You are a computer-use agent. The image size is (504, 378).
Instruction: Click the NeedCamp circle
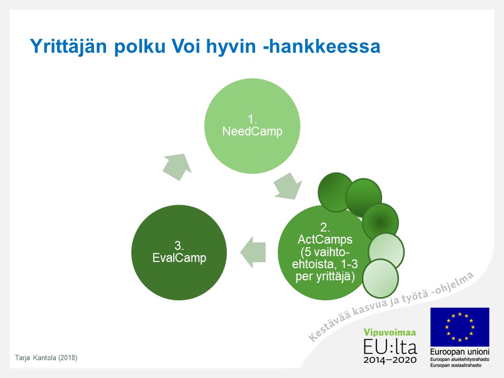click(253, 126)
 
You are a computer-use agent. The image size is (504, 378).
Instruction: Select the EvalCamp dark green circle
click(179, 253)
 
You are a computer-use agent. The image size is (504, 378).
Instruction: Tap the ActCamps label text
click(325, 239)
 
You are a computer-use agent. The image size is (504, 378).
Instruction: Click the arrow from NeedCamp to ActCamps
click(288, 186)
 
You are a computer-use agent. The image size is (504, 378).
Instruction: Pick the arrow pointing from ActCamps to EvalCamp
click(253, 253)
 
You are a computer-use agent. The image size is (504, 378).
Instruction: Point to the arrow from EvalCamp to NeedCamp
click(177, 166)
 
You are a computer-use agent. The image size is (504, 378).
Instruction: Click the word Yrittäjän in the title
click(68, 46)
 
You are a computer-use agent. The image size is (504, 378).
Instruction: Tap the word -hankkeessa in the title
click(322, 46)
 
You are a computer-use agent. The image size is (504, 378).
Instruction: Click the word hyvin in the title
click(231, 47)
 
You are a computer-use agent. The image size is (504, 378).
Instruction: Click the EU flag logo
click(460, 327)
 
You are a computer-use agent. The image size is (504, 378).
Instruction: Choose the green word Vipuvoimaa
click(390, 332)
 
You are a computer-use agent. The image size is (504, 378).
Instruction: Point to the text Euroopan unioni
click(460, 352)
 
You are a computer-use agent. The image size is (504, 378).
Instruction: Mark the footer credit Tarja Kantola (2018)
click(46, 358)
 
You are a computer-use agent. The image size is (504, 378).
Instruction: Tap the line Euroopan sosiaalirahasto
click(456, 365)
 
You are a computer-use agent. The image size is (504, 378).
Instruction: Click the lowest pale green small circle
click(381, 279)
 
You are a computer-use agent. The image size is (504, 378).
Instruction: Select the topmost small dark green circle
click(336, 192)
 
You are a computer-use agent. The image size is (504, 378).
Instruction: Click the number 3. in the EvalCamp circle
click(179, 246)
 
